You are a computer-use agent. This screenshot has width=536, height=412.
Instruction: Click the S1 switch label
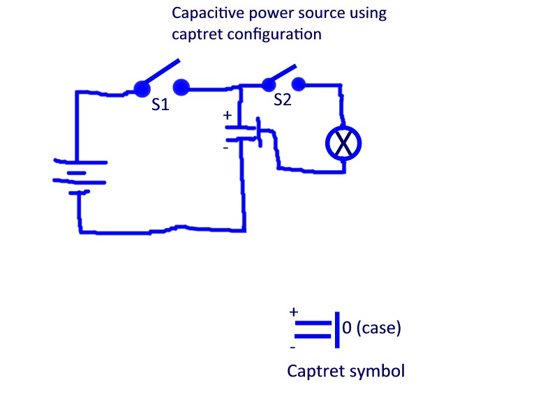click(x=161, y=105)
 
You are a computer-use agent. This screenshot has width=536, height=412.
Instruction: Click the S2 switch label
click(x=283, y=100)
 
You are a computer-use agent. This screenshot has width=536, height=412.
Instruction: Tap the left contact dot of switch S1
click(x=142, y=89)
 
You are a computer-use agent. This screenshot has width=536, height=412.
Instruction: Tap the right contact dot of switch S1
click(x=181, y=87)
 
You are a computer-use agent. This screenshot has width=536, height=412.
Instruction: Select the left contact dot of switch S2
click(x=269, y=84)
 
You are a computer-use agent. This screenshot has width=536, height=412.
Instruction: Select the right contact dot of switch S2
click(x=299, y=84)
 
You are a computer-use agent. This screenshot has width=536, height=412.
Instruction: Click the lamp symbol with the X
click(x=343, y=144)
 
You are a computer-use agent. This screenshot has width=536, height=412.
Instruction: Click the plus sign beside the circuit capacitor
click(x=228, y=115)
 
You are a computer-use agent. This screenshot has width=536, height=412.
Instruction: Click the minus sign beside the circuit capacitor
click(x=225, y=148)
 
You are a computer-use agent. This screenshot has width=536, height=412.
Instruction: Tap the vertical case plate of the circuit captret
click(x=260, y=132)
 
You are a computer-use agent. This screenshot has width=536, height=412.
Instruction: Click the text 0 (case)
click(x=371, y=328)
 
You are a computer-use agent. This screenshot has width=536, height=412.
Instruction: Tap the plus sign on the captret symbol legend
click(x=294, y=312)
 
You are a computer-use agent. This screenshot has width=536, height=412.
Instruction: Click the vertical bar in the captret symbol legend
click(x=337, y=330)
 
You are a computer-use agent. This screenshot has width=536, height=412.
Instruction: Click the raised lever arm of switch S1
click(x=161, y=72)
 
